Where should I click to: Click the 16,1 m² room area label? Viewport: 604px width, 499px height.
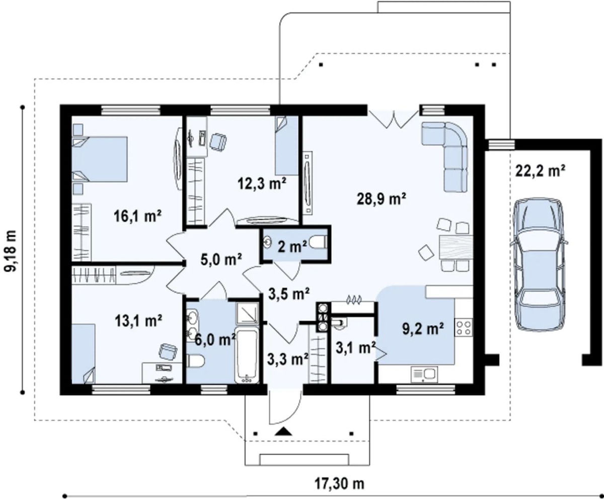pos(137,216)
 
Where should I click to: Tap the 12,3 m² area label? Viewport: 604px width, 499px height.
pos(262,183)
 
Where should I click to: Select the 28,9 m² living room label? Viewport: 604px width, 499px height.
pos(382,199)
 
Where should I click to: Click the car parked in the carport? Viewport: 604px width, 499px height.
pos(539,264)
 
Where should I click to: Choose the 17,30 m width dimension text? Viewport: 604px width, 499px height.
pos(339,483)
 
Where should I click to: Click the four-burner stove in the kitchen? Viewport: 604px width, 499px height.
pos(463,327)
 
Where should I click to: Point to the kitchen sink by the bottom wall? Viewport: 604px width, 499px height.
pos(424,374)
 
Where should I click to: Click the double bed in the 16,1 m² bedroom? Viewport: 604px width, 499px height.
pos(99,159)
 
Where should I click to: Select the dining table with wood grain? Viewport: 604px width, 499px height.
pos(456,247)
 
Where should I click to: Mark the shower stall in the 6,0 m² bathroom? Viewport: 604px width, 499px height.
pos(247,313)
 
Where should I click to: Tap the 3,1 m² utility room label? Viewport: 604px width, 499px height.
pos(356,348)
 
